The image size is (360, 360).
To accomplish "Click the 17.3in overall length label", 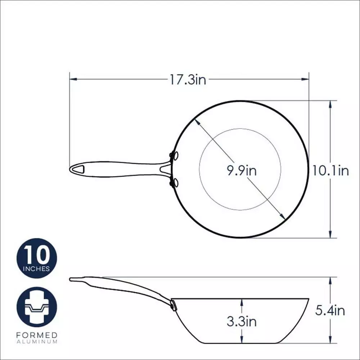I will pyautogui.click(x=188, y=80).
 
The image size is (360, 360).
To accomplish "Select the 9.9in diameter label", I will pyautogui.click(x=241, y=170).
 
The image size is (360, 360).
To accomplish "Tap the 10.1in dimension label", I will pyautogui.click(x=330, y=170).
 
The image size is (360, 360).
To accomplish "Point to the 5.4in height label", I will pyautogui.click(x=330, y=310).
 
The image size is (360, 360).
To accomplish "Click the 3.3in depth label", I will pyautogui.click(x=242, y=321).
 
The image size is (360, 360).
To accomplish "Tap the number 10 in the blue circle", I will pyautogui.click(x=37, y=255).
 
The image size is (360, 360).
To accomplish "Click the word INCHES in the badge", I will pyautogui.click(x=37, y=269).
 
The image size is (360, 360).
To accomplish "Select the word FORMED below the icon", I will pyautogui.click(x=37, y=335).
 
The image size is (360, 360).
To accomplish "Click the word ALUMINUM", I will pyautogui.click(x=37, y=342).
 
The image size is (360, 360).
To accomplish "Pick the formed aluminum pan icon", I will pyautogui.click(x=37, y=307).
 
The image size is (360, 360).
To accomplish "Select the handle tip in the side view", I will pyautogui.click(x=72, y=279).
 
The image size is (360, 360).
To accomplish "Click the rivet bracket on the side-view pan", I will pyautogui.click(x=174, y=305).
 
